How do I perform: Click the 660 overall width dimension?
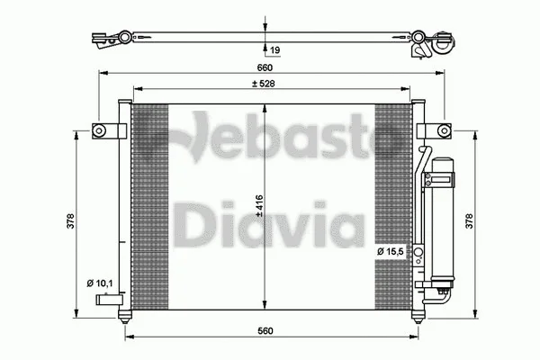(x=263, y=66)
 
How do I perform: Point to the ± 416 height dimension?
(x=259, y=206)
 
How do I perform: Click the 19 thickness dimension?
(x=274, y=51)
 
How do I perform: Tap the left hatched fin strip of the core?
(x=150, y=206)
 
